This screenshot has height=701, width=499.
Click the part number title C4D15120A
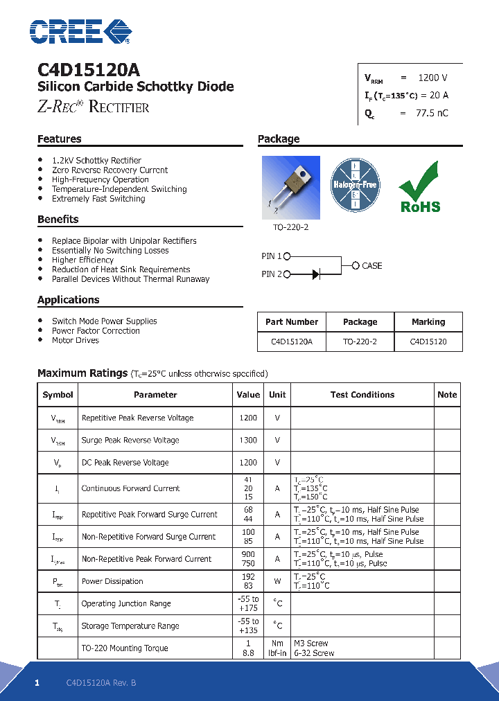tap(88, 70)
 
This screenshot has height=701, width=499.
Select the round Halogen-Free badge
tap(356, 185)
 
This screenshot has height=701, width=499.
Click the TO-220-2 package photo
tap(290, 187)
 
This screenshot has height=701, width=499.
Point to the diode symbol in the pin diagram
tap(315, 275)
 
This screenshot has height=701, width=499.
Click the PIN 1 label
tap(272, 256)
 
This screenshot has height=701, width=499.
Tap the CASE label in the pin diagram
tap(371, 266)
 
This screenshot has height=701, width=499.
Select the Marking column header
tap(428, 322)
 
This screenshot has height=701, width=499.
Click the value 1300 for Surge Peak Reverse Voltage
tap(247, 441)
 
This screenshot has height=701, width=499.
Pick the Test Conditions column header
tap(362, 395)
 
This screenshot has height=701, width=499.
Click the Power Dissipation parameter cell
tap(112, 582)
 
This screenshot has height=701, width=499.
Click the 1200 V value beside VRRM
tap(432, 78)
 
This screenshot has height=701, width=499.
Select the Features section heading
tap(60, 139)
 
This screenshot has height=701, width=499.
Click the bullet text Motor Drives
tap(76, 341)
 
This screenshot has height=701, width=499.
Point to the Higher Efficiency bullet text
tap(82, 260)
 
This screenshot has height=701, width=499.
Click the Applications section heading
tap(69, 300)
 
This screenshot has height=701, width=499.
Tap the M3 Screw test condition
tap(310, 644)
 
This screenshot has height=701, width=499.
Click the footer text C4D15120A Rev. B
tap(101, 683)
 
